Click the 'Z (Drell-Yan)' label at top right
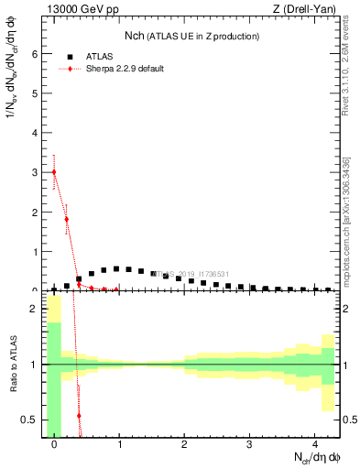(x=305, y=10)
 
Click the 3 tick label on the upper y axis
(x=37, y=172)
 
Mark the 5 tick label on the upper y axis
(x=37, y=93)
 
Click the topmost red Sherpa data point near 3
(x=54, y=172)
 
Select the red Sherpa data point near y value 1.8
(x=67, y=219)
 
